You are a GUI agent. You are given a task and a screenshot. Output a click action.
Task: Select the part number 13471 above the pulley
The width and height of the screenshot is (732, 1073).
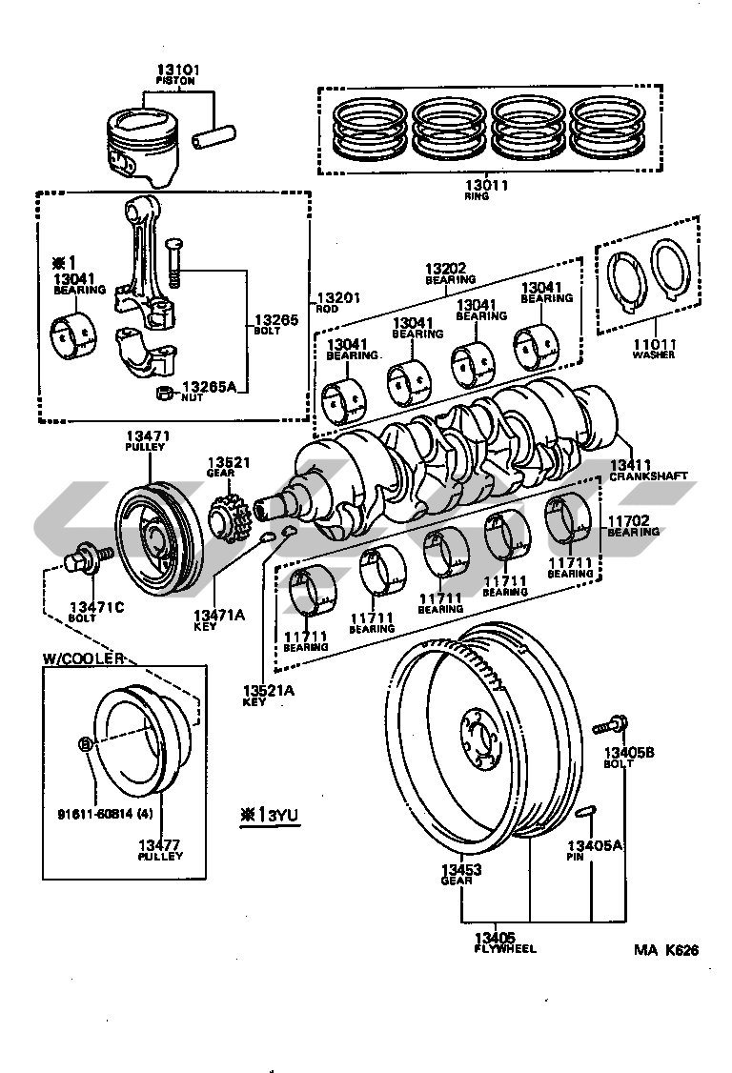click(x=147, y=436)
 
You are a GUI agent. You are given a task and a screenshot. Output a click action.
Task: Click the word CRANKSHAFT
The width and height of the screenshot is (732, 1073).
click(x=648, y=476)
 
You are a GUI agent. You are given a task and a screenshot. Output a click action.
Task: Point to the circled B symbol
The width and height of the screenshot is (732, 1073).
click(x=85, y=744)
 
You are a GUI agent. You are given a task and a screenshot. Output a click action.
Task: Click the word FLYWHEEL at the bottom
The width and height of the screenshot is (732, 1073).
click(x=504, y=949)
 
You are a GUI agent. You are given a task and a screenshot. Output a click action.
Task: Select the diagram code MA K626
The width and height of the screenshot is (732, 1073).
click(x=666, y=950)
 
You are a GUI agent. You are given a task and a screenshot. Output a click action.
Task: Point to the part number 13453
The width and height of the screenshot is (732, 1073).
click(x=460, y=869)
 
